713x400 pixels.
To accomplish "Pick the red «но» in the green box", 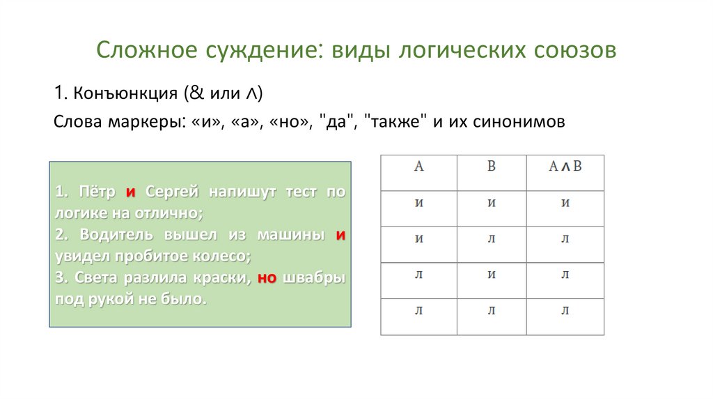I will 267,278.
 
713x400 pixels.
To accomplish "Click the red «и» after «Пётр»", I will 130,192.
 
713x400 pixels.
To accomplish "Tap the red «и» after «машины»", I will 340,235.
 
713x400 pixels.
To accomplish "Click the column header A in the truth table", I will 418,166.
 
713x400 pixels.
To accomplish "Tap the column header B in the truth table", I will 491,166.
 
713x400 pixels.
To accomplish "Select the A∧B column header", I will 565,166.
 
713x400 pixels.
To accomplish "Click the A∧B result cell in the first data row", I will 565,203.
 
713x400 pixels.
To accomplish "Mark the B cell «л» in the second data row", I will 491,239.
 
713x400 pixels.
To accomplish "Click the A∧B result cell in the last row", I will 565,311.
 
